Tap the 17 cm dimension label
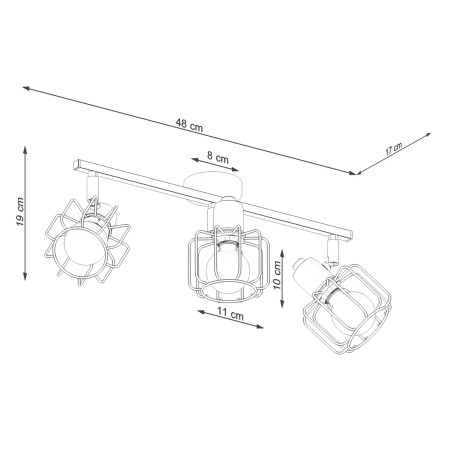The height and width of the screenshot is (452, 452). click(x=393, y=150)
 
